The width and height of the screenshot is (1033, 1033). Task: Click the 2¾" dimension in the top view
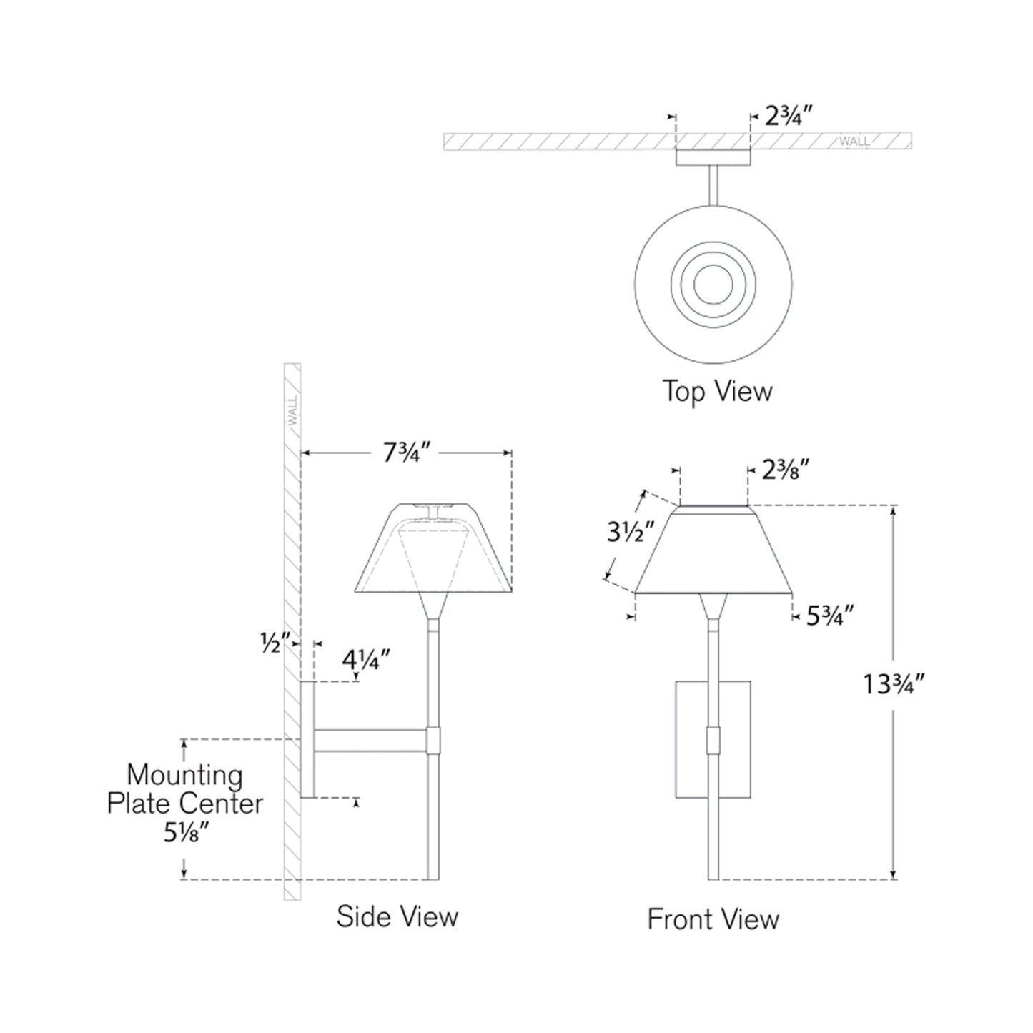tap(789, 116)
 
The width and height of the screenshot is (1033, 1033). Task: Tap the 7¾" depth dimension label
tap(406, 453)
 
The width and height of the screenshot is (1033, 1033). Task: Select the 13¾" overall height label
tap(894, 685)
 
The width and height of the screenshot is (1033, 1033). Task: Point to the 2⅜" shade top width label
tap(786, 470)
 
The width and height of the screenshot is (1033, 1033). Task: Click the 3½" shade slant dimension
tap(631, 533)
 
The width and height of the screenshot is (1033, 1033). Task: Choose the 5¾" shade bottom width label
tap(830, 616)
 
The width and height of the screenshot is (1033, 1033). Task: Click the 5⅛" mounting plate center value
tap(186, 833)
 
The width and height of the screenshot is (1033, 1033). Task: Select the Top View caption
tap(717, 392)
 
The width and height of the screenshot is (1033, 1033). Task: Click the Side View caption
tap(397, 917)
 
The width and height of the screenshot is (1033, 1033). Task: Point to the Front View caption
tap(713, 919)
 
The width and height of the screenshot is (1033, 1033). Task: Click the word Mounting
tap(184, 775)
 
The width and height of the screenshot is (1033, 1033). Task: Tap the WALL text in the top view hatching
tap(854, 142)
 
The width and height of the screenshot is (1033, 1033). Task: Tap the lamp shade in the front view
tap(713, 550)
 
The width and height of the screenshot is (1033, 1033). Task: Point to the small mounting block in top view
tap(713, 158)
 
